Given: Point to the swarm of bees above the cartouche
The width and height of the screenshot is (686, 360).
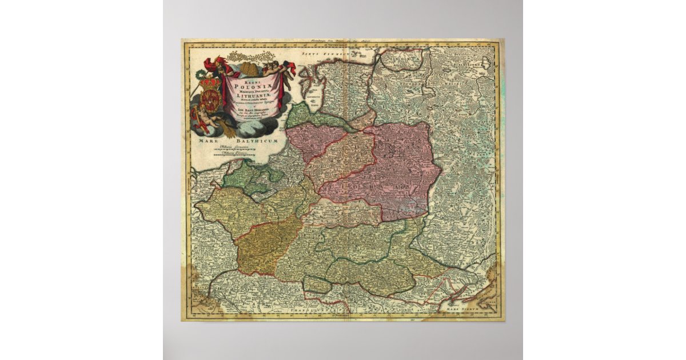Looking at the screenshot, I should (252, 57).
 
